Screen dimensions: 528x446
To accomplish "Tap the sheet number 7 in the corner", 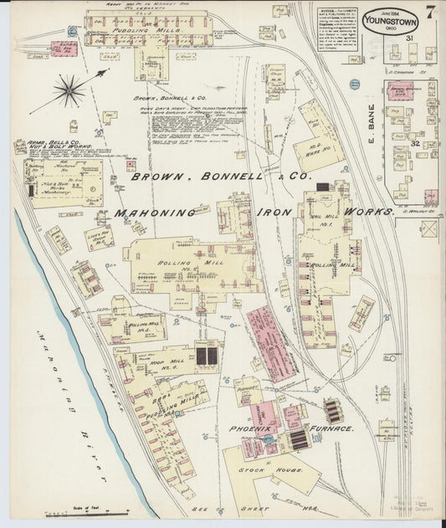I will point(428,12).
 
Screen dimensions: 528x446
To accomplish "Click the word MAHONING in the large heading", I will point(156,213).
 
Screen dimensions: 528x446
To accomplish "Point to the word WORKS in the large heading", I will point(367,213).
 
